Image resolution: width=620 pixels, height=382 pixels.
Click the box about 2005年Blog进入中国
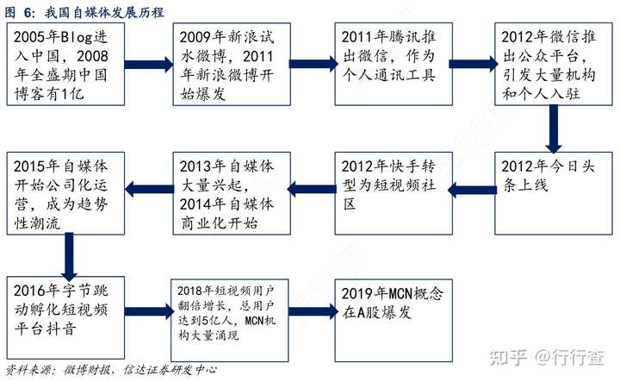coord(65,64)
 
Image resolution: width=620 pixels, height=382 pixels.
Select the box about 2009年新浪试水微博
coord(232,64)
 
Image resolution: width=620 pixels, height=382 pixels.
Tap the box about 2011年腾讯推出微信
coord(394,64)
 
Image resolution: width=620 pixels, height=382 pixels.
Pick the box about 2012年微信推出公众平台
coord(554,64)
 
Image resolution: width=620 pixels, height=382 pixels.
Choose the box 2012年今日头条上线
coord(554,193)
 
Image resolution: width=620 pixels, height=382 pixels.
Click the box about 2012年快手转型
coord(394,193)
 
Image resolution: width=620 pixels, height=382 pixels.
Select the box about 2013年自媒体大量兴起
coord(232,193)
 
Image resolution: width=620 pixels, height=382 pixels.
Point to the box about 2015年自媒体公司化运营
coord(65,193)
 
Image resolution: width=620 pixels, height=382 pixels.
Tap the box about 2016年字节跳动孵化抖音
coord(65,318)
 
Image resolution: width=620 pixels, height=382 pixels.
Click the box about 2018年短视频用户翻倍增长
coord(229,320)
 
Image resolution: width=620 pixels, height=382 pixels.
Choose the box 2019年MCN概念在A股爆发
coord(394,320)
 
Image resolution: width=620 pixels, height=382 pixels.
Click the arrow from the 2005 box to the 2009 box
coord(149,65)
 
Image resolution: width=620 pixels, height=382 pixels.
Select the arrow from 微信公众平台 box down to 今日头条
coord(554,129)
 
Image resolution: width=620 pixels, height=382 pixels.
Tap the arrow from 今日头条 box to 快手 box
coord(472,190)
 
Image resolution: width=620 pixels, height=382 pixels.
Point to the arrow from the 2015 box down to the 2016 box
coord(69,256)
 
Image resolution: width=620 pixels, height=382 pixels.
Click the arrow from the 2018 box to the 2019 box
coord(313,311)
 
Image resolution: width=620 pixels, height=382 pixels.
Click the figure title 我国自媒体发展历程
coord(84,12)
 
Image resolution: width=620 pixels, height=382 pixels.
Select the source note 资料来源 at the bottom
coord(111,370)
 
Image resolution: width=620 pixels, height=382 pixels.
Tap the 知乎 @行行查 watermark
coord(547,358)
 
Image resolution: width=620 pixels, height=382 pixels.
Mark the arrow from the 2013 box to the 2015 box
coord(149,189)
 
